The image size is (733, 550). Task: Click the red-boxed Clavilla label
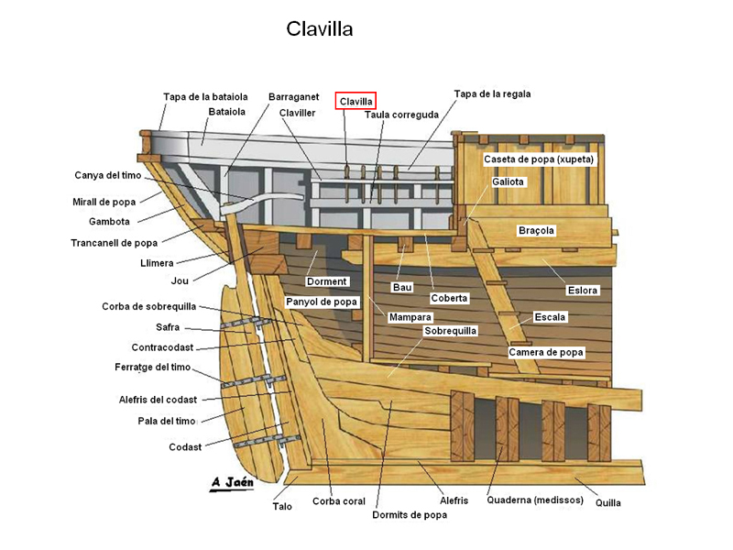pos(356,101)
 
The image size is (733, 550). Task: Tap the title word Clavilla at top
pos(319,29)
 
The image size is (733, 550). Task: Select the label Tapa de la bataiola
pos(205,97)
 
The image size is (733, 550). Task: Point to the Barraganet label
pos(293,97)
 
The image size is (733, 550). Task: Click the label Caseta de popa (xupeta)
pos(539,159)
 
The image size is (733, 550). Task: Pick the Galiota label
pos(508,181)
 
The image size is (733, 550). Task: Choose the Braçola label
pos(536,230)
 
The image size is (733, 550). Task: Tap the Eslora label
pos(583,290)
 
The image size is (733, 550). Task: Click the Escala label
pos(550,316)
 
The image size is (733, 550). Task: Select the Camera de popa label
pos(546,352)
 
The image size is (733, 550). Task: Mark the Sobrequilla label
pos(450,331)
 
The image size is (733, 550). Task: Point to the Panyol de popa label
pos(322,302)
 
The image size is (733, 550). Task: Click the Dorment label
pos(327,281)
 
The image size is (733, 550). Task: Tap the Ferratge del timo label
pos(152,368)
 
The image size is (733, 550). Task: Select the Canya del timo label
pos(107,175)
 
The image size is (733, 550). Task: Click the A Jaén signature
pos(233,482)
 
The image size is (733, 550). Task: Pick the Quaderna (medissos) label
pos(535,500)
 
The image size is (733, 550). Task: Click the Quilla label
pos(607,502)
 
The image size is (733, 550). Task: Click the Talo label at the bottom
pos(282,506)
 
